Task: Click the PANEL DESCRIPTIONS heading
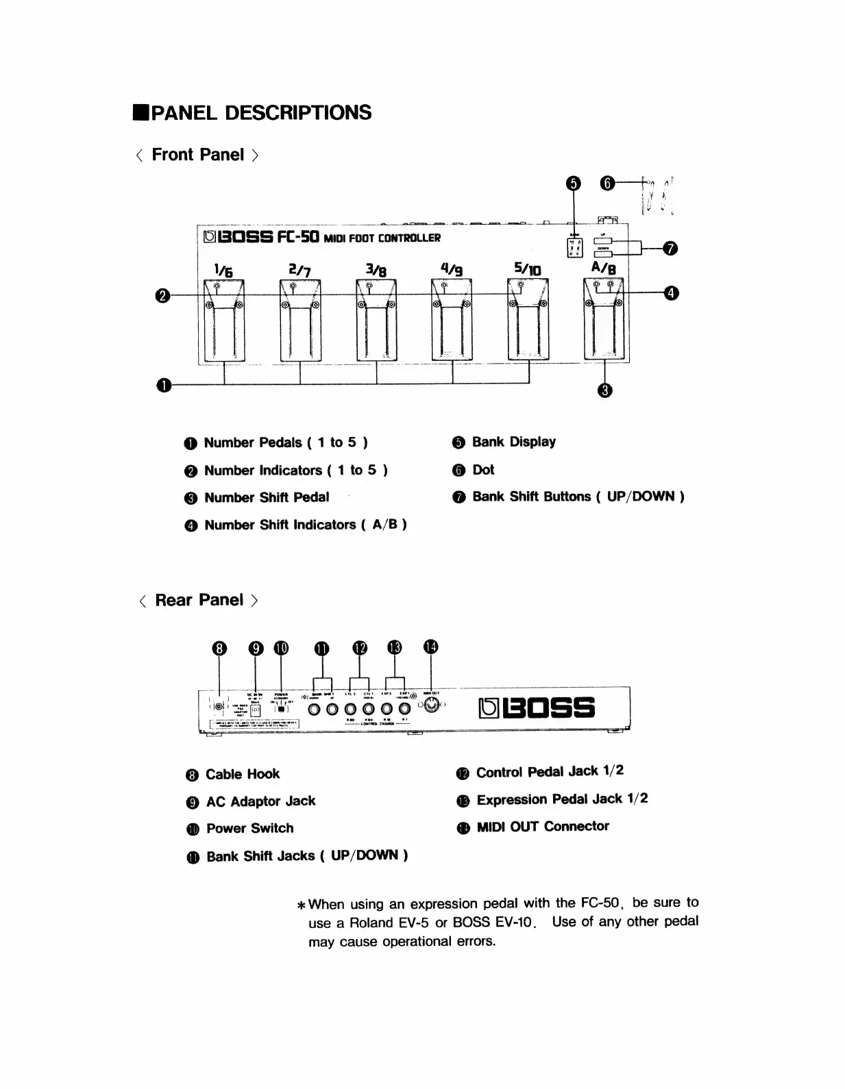point(260,113)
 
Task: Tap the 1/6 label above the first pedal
point(223,271)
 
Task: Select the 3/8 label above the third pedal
point(376,270)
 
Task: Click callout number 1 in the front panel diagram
point(164,385)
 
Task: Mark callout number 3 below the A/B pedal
point(604,390)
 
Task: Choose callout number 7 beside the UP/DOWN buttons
point(672,248)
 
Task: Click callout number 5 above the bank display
point(574,183)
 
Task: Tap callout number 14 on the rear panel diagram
point(430,647)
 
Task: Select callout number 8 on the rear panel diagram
point(219,649)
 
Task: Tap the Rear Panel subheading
point(199,600)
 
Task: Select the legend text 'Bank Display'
point(513,442)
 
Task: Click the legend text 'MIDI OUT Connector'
point(542,826)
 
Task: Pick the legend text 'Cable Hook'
point(243,774)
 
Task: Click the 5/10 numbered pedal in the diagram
point(528,321)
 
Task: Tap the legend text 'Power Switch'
point(249,828)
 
